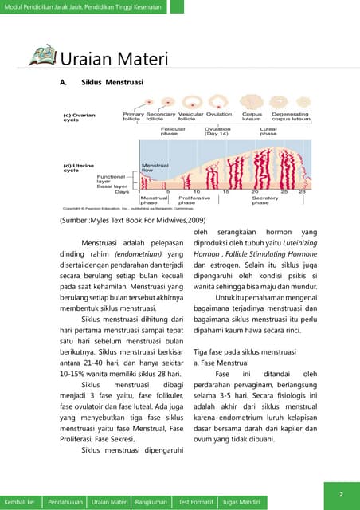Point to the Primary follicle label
click(133, 116)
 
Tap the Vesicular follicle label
click(191, 116)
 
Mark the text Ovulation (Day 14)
click(217, 131)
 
